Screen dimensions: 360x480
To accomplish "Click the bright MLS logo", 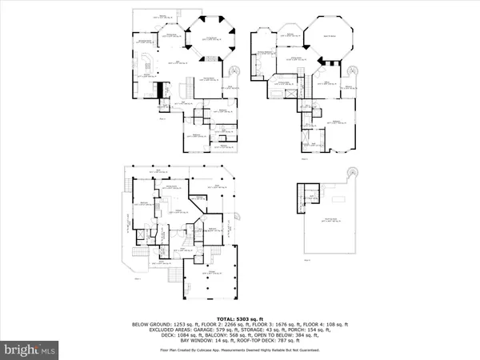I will (x=30, y=350).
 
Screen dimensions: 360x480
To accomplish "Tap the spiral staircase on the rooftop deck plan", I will (x=350, y=174).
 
